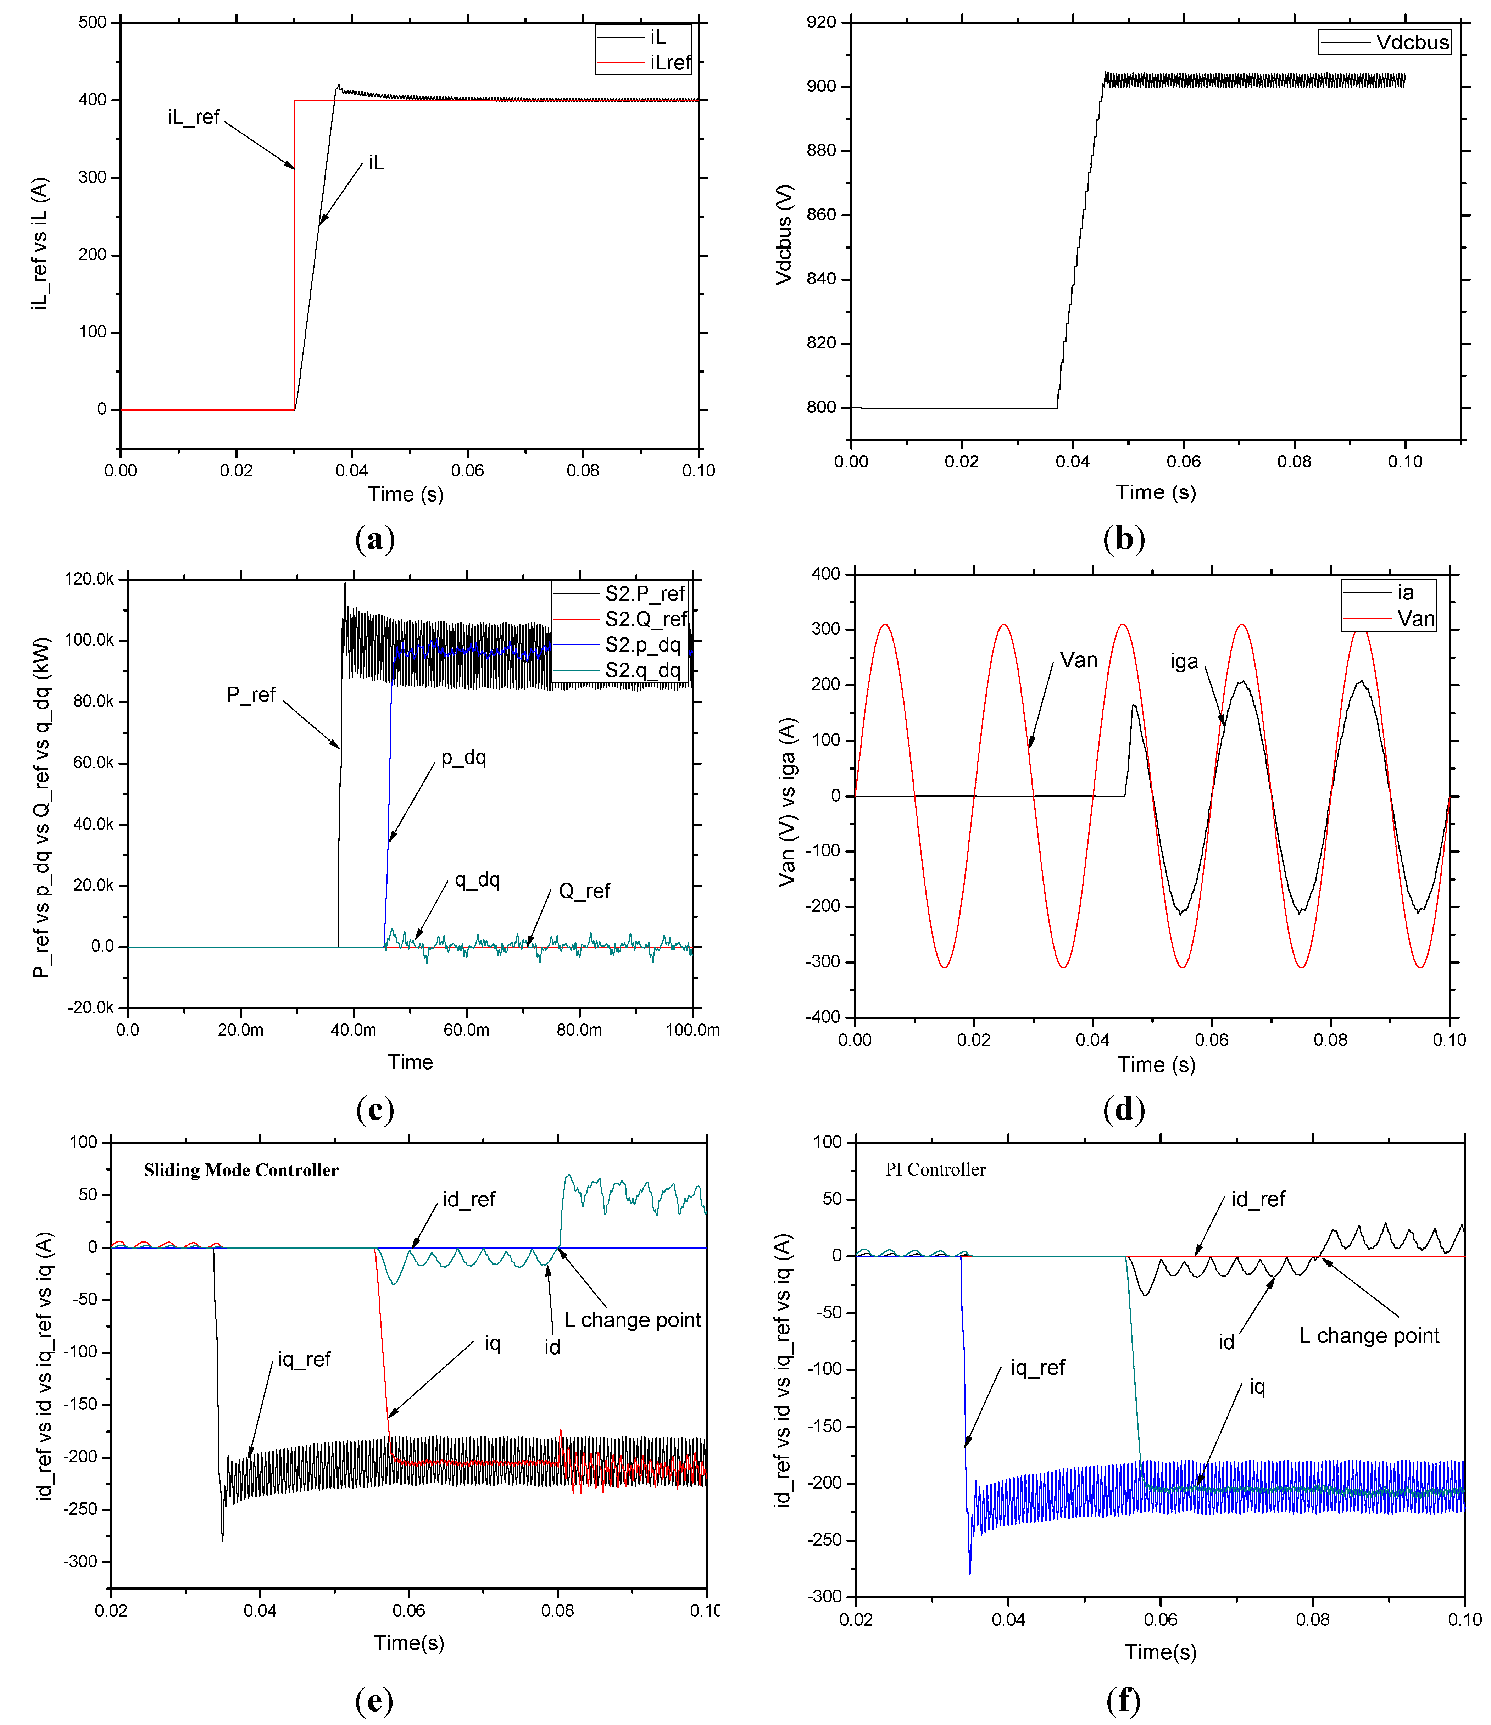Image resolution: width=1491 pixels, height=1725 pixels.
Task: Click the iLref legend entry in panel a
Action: (x=670, y=62)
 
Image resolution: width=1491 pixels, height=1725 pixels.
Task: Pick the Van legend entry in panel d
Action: (x=1415, y=619)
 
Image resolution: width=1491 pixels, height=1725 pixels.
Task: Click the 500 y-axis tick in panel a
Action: (x=93, y=22)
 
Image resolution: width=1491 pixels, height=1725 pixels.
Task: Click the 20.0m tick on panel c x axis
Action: (x=241, y=1030)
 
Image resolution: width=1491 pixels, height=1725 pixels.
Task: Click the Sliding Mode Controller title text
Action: (x=241, y=1170)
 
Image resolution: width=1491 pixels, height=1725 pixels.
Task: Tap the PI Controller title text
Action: (x=935, y=1169)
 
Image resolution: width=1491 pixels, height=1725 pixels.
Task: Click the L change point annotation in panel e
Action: (x=632, y=1319)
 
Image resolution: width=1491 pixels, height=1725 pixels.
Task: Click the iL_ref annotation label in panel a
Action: (x=193, y=117)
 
